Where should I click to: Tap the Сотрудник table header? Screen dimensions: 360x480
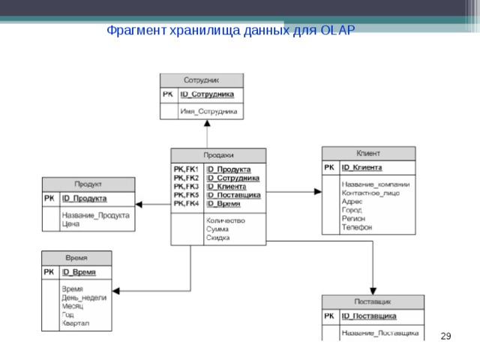click(x=201, y=79)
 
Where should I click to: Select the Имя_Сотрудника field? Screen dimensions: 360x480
click(x=208, y=111)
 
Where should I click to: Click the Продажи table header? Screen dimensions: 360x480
click(x=218, y=155)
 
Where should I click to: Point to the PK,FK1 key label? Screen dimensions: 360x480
click(x=186, y=169)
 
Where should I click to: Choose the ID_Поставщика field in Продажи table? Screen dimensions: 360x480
click(x=233, y=195)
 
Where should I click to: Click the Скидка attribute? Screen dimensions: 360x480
click(x=218, y=238)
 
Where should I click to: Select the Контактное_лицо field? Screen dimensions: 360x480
click(x=370, y=193)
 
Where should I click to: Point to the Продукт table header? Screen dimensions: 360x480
click(x=88, y=184)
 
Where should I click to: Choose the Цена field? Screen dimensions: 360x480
click(x=70, y=223)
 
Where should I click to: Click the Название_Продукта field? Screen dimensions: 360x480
click(x=95, y=215)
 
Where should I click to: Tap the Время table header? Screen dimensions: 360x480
click(x=76, y=257)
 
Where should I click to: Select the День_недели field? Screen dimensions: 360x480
click(x=84, y=298)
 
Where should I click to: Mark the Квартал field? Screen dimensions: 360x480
click(x=76, y=323)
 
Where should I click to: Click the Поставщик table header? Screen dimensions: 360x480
click(x=373, y=301)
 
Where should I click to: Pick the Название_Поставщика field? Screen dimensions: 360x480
click(x=379, y=332)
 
